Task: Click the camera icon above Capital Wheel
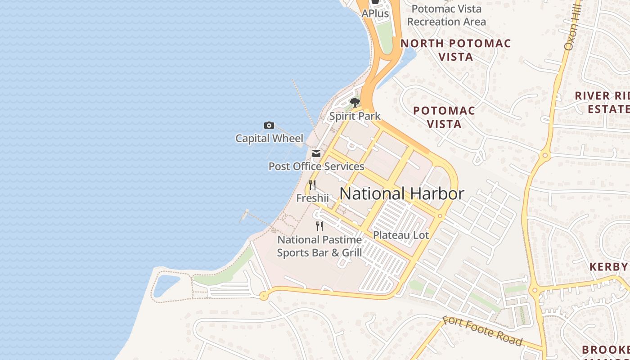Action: [269, 125]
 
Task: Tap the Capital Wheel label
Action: [269, 138]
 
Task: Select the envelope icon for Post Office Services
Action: [316, 153]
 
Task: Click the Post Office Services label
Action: [316, 166]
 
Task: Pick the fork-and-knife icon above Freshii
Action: [312, 184]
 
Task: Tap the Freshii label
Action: [312, 198]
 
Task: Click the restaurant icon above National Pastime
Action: [319, 226]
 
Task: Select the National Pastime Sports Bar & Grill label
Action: [319, 246]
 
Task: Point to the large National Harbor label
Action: [401, 193]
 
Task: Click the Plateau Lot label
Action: [401, 235]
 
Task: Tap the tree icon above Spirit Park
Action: [355, 102]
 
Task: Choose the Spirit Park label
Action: [355, 116]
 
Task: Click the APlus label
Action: [375, 13]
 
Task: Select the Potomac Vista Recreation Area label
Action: [446, 15]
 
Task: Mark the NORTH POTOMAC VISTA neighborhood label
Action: [455, 50]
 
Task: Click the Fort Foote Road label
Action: [482, 331]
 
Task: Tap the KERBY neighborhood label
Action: [609, 266]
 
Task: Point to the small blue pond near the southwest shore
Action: [166, 284]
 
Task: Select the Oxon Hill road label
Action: [571, 27]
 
